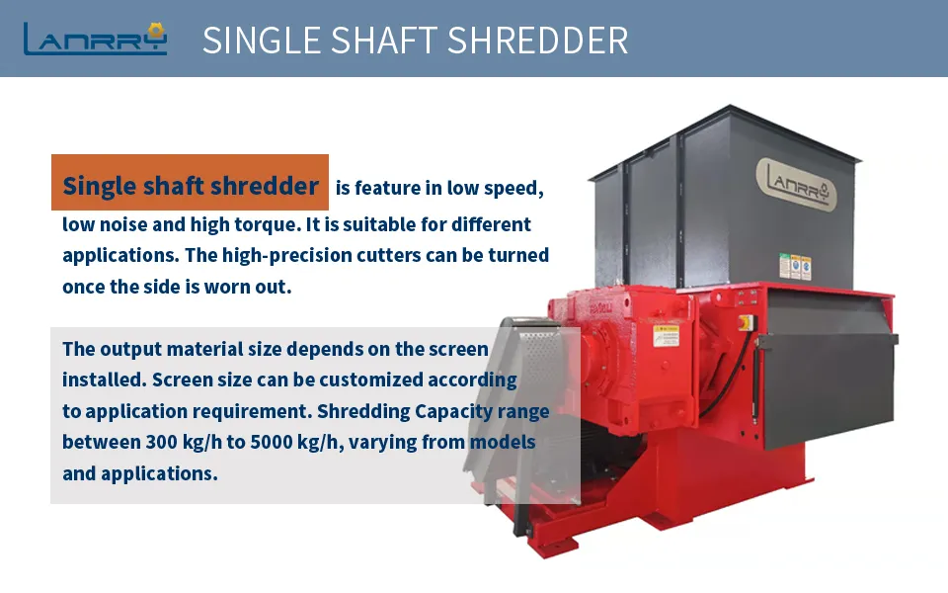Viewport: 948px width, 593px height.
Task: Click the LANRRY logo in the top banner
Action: point(95,39)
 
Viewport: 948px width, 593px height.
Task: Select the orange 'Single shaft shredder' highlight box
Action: point(190,185)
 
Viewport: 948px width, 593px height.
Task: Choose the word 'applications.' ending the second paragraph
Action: point(139,472)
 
